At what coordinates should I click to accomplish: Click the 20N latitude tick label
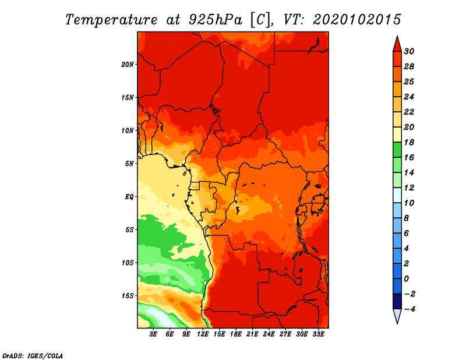pos(127,65)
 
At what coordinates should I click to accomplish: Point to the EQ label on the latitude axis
pos(129,197)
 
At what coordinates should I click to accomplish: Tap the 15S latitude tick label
pos(128,296)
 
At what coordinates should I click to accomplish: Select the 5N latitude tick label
pos(129,164)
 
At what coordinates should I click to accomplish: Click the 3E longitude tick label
pos(153,334)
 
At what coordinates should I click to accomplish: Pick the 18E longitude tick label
pos(236,334)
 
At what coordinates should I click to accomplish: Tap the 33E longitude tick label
pos(318,334)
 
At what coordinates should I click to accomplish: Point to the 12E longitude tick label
pos(203,334)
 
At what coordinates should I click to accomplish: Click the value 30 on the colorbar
pos(409,51)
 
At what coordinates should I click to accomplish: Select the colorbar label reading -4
pos(409,309)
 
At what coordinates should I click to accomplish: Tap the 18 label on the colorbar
pos(409,142)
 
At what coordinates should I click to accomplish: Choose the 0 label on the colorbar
pos(406,279)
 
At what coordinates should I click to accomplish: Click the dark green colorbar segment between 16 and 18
pos(397,150)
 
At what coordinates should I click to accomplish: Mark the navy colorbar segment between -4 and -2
pos(397,301)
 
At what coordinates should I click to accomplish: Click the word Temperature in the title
pos(111,20)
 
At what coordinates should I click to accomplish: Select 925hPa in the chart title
pos(215,20)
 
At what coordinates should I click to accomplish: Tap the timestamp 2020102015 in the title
pos(357,20)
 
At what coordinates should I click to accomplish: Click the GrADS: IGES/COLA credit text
pos(33,355)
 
